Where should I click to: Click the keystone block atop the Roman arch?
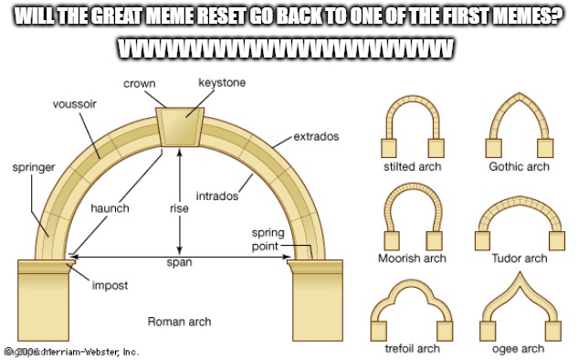pyautogui.click(x=180, y=125)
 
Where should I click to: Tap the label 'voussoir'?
pyautogui.click(x=75, y=104)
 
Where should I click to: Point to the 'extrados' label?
pyautogui.click(x=316, y=136)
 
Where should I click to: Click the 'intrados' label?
pyautogui.click(x=217, y=196)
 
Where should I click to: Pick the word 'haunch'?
pyautogui.click(x=110, y=208)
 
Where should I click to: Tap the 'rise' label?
pyautogui.click(x=179, y=208)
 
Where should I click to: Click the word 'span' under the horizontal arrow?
pyautogui.click(x=179, y=262)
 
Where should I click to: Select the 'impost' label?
pyautogui.click(x=109, y=285)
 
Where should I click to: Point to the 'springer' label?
pyautogui.click(x=33, y=168)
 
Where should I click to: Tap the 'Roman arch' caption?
pyautogui.click(x=179, y=322)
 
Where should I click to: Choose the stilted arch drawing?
pyautogui.click(x=410, y=128)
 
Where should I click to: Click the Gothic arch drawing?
pyautogui.click(x=519, y=128)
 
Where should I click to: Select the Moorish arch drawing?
pyautogui.click(x=411, y=216)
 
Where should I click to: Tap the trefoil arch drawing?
pyautogui.click(x=411, y=311)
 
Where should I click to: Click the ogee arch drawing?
pyautogui.click(x=518, y=311)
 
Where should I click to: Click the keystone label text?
pyautogui.click(x=221, y=84)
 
